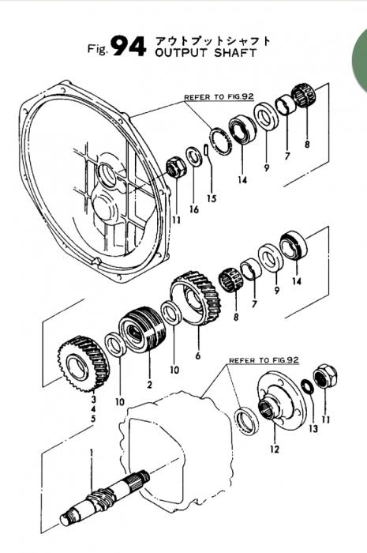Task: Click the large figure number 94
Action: coord(128,47)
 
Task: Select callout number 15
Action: coord(212,198)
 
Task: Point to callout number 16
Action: coord(193,209)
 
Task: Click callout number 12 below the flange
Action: coord(275,449)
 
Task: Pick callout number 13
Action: coord(313,428)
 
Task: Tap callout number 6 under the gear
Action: coord(197,355)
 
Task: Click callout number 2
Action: coord(149,385)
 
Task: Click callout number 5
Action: coord(93,419)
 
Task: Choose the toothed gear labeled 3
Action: coord(84,364)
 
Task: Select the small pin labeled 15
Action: coord(207,149)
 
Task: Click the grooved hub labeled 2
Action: coord(142,329)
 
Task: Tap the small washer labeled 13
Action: coord(308,386)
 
